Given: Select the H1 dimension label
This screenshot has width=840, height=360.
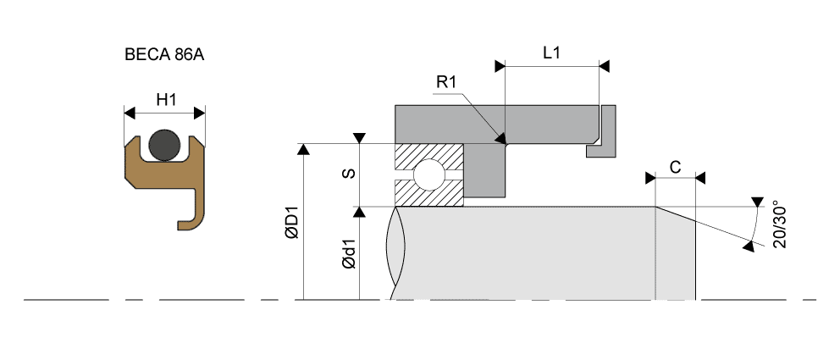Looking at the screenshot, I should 166,100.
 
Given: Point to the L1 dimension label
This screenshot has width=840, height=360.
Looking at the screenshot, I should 551,53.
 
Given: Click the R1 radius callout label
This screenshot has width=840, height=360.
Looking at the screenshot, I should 446,81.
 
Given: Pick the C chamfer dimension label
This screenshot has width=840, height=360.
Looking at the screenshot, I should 675,167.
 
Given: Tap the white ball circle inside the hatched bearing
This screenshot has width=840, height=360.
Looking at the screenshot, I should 428,174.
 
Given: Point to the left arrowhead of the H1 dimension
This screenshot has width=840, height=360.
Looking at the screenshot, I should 130,112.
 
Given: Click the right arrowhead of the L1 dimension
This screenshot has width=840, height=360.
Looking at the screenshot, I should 604,64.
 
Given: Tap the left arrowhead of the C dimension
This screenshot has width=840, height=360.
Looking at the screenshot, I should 650,178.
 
